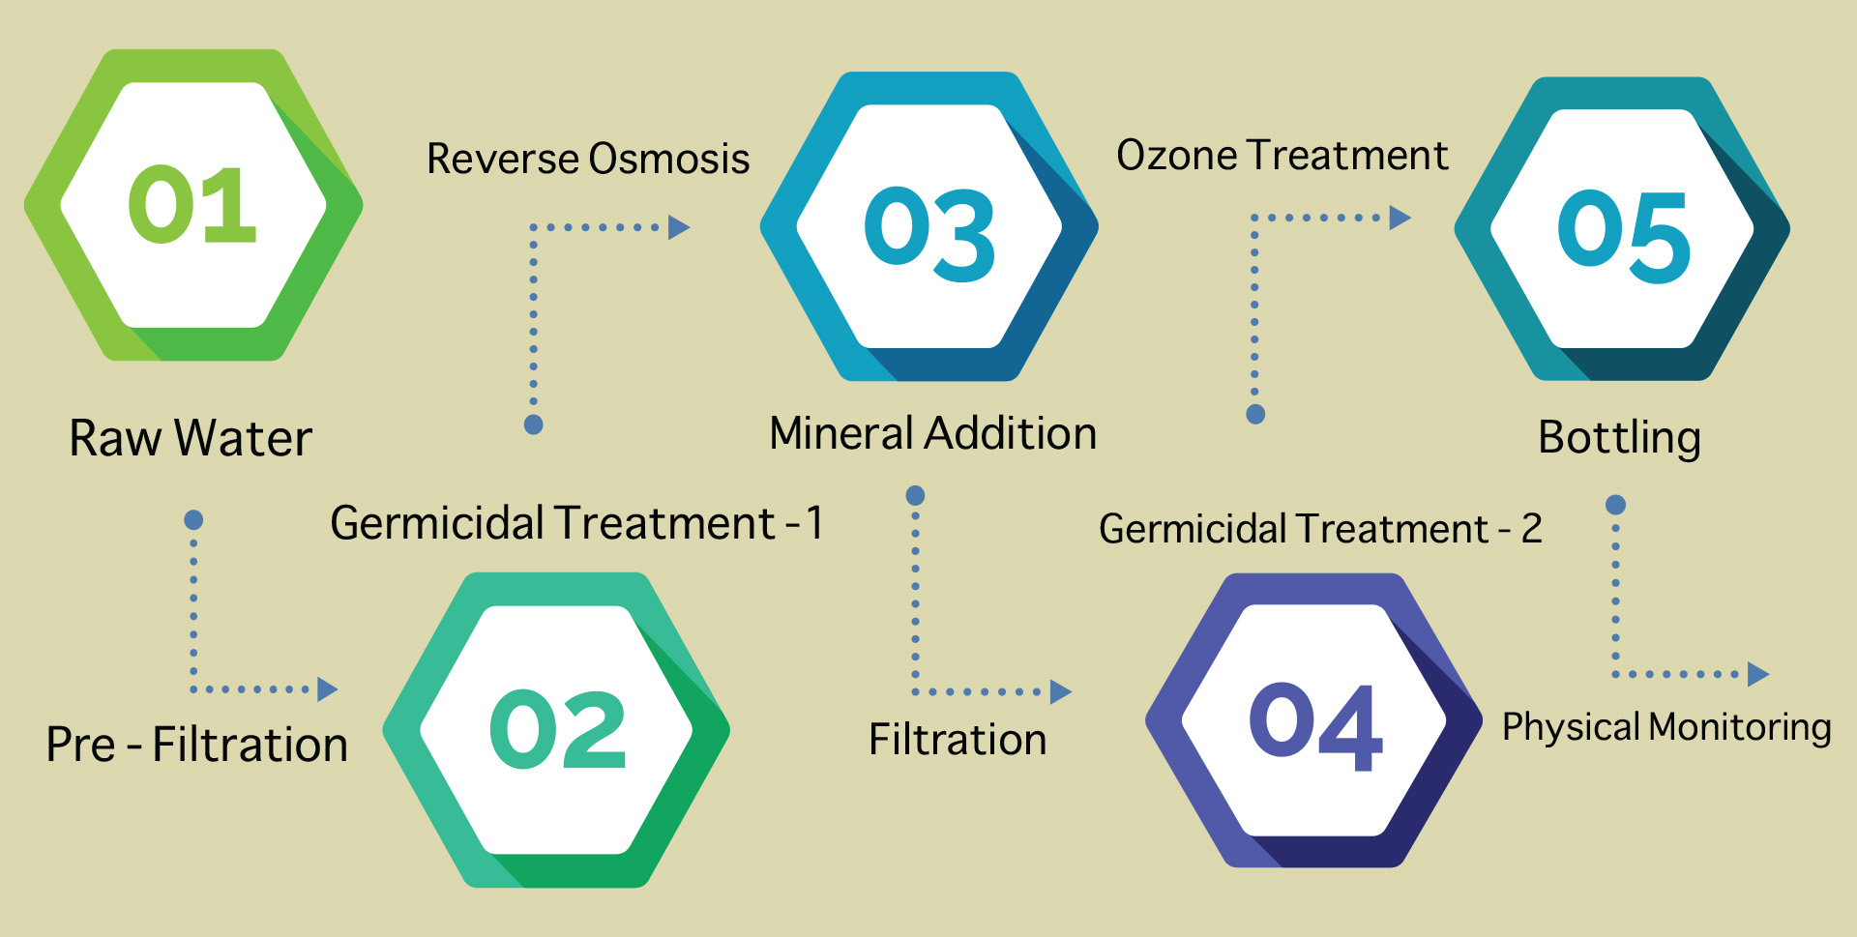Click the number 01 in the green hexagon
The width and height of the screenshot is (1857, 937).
pos(192,204)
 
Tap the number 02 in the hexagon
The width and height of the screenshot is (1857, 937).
pos(558,729)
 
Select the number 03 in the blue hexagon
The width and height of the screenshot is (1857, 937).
pos(929,233)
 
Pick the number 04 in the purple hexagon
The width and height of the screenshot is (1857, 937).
pos(1315,726)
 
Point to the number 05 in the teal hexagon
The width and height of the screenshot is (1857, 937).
pos(1624,236)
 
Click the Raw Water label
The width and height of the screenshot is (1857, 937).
pos(191,438)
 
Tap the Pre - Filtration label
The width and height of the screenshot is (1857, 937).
pos(197,745)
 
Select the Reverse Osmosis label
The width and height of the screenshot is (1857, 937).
pos(588,159)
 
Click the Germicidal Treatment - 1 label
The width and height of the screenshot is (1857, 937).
pos(576,523)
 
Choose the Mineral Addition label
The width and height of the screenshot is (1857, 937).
pos(933,433)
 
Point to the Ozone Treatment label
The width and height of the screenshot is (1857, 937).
pos(1282,155)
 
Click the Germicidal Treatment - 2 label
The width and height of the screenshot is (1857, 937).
pos(1320,529)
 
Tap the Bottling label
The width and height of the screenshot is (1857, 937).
pos(1620,438)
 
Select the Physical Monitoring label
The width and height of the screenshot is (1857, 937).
pos(1666,727)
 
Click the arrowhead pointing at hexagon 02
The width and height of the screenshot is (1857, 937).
pos(328,689)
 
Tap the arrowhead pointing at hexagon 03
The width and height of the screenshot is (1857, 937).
pos(680,227)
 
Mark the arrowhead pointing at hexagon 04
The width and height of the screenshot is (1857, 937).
pos(1061,691)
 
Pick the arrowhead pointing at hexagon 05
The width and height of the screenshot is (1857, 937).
pos(1400,218)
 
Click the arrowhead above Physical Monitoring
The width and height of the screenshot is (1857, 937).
pos(1758,674)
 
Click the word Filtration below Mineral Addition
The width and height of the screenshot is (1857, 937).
pos(958,740)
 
